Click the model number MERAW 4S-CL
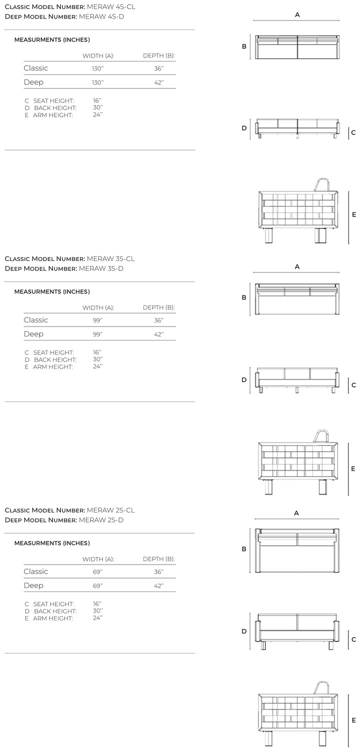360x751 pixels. (x=111, y=6)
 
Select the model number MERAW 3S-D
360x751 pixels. (x=101, y=268)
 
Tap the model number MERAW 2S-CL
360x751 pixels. (x=110, y=510)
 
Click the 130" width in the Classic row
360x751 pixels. (x=98, y=68)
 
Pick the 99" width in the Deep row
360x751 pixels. (x=97, y=334)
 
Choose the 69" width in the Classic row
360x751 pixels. (x=97, y=571)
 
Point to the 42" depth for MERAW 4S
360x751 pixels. (x=159, y=82)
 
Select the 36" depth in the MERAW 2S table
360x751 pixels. (x=159, y=571)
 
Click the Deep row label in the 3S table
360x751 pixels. (x=33, y=334)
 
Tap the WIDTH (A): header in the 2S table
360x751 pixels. (x=98, y=559)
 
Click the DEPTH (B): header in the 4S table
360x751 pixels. (x=159, y=55)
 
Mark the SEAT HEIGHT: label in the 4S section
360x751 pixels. (x=53, y=101)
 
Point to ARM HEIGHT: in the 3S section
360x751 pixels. (x=52, y=367)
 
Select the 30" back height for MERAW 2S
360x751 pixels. (x=97, y=611)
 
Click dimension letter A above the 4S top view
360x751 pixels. (x=297, y=15)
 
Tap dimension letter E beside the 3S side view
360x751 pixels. (x=353, y=468)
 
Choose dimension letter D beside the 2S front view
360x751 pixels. (x=244, y=631)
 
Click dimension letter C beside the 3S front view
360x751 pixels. (x=353, y=385)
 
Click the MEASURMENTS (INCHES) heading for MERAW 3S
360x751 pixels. (x=52, y=291)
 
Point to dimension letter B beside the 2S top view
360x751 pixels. (x=244, y=549)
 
